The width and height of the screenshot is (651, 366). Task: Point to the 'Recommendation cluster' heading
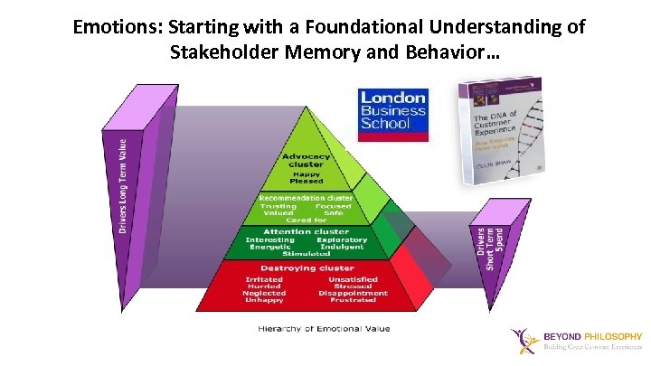pyautogui.click(x=307, y=197)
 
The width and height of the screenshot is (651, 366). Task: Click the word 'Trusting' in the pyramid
pyautogui.click(x=278, y=206)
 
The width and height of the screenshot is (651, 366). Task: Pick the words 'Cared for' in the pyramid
pyautogui.click(x=306, y=220)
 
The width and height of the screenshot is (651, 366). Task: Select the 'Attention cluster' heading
pyautogui.click(x=307, y=231)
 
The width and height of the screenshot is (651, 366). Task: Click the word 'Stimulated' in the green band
pyautogui.click(x=307, y=253)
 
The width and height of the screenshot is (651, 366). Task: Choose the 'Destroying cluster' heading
pyautogui.click(x=307, y=268)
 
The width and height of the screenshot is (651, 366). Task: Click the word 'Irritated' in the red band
pyautogui.click(x=264, y=279)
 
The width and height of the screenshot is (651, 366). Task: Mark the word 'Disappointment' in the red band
pyautogui.click(x=354, y=293)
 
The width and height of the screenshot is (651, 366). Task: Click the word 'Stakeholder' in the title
pyautogui.click(x=222, y=53)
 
